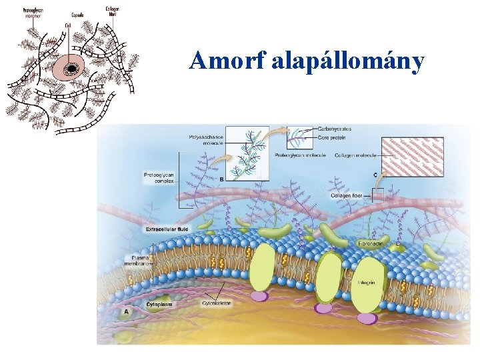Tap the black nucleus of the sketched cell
[x=70, y=67]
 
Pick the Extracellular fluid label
[x=167, y=229]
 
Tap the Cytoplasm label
[x=160, y=303]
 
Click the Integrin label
[x=367, y=283]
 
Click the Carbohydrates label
[x=335, y=128]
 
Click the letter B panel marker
[x=221, y=179]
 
